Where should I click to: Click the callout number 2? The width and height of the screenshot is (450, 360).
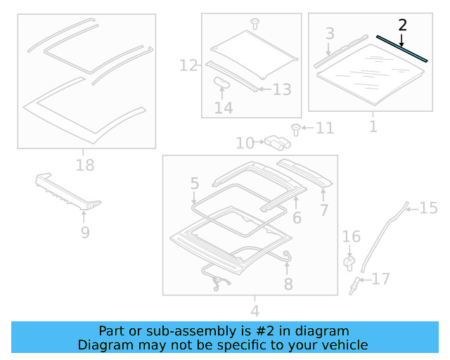click(402, 25)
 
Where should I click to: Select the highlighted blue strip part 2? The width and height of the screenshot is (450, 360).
click(401, 49)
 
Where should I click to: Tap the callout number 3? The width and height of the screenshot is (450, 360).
click(330, 33)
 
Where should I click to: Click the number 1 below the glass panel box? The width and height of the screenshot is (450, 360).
click(373, 127)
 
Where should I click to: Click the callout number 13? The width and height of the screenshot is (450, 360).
click(281, 89)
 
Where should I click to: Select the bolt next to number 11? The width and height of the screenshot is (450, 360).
click(296, 128)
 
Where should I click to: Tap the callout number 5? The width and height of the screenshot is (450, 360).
click(195, 184)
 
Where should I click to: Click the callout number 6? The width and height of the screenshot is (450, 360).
click(297, 218)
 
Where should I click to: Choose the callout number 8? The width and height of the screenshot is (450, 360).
click(288, 283)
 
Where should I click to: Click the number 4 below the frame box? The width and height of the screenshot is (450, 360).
click(255, 310)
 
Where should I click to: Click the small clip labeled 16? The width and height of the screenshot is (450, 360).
click(349, 262)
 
